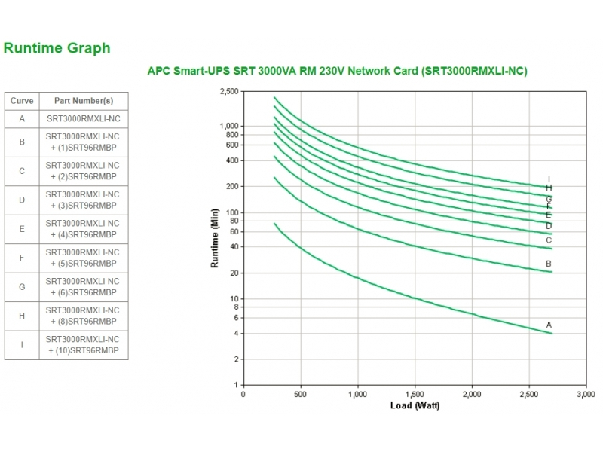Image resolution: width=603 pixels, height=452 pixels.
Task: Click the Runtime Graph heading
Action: coord(57,48)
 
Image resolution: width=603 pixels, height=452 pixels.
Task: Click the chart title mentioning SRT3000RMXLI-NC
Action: coord(336,71)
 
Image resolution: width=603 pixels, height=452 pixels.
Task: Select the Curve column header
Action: coord(22,101)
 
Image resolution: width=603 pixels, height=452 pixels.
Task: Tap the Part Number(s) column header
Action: coord(83,101)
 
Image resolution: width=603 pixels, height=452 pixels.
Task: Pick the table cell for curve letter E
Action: coord(22,229)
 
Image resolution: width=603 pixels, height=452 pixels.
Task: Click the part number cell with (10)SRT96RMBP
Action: coord(83,345)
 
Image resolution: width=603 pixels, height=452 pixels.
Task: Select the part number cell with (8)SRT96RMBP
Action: coord(83,316)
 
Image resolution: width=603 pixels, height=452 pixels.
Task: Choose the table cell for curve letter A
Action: coord(22,119)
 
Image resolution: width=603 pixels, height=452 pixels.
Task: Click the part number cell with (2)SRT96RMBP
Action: coord(83,171)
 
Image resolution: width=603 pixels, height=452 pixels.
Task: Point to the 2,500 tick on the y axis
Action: coord(228,91)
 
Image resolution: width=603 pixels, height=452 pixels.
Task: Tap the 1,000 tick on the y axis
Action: coord(228,126)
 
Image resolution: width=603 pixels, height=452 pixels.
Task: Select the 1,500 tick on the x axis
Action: coord(415,394)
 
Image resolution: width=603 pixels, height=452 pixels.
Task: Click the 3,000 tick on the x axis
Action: coord(586,394)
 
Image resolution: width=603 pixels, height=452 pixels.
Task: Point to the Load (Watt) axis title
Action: coord(415,405)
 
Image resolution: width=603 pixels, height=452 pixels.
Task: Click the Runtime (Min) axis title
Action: coord(215,238)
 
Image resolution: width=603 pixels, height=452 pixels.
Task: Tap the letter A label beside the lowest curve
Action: coord(549,325)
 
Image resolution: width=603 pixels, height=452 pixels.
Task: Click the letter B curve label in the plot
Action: coord(549,264)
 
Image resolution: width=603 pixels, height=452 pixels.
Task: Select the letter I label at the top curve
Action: coord(549,179)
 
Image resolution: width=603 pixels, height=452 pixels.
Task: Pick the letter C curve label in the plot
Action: coord(549,240)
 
